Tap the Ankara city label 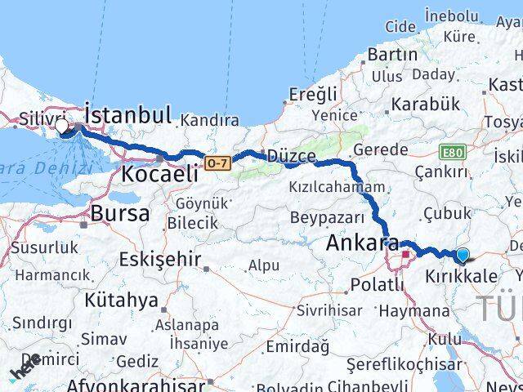(x=362, y=243)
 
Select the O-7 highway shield (x=217, y=163)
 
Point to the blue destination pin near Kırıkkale (x=463, y=256)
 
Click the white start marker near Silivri (x=62, y=126)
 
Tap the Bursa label (x=122, y=214)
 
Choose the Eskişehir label (x=159, y=260)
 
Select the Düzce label (x=291, y=155)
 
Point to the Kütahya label (x=120, y=300)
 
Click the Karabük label (x=425, y=105)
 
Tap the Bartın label (x=393, y=54)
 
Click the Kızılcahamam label (x=336, y=187)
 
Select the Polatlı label (x=376, y=284)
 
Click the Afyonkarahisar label (x=125, y=384)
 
